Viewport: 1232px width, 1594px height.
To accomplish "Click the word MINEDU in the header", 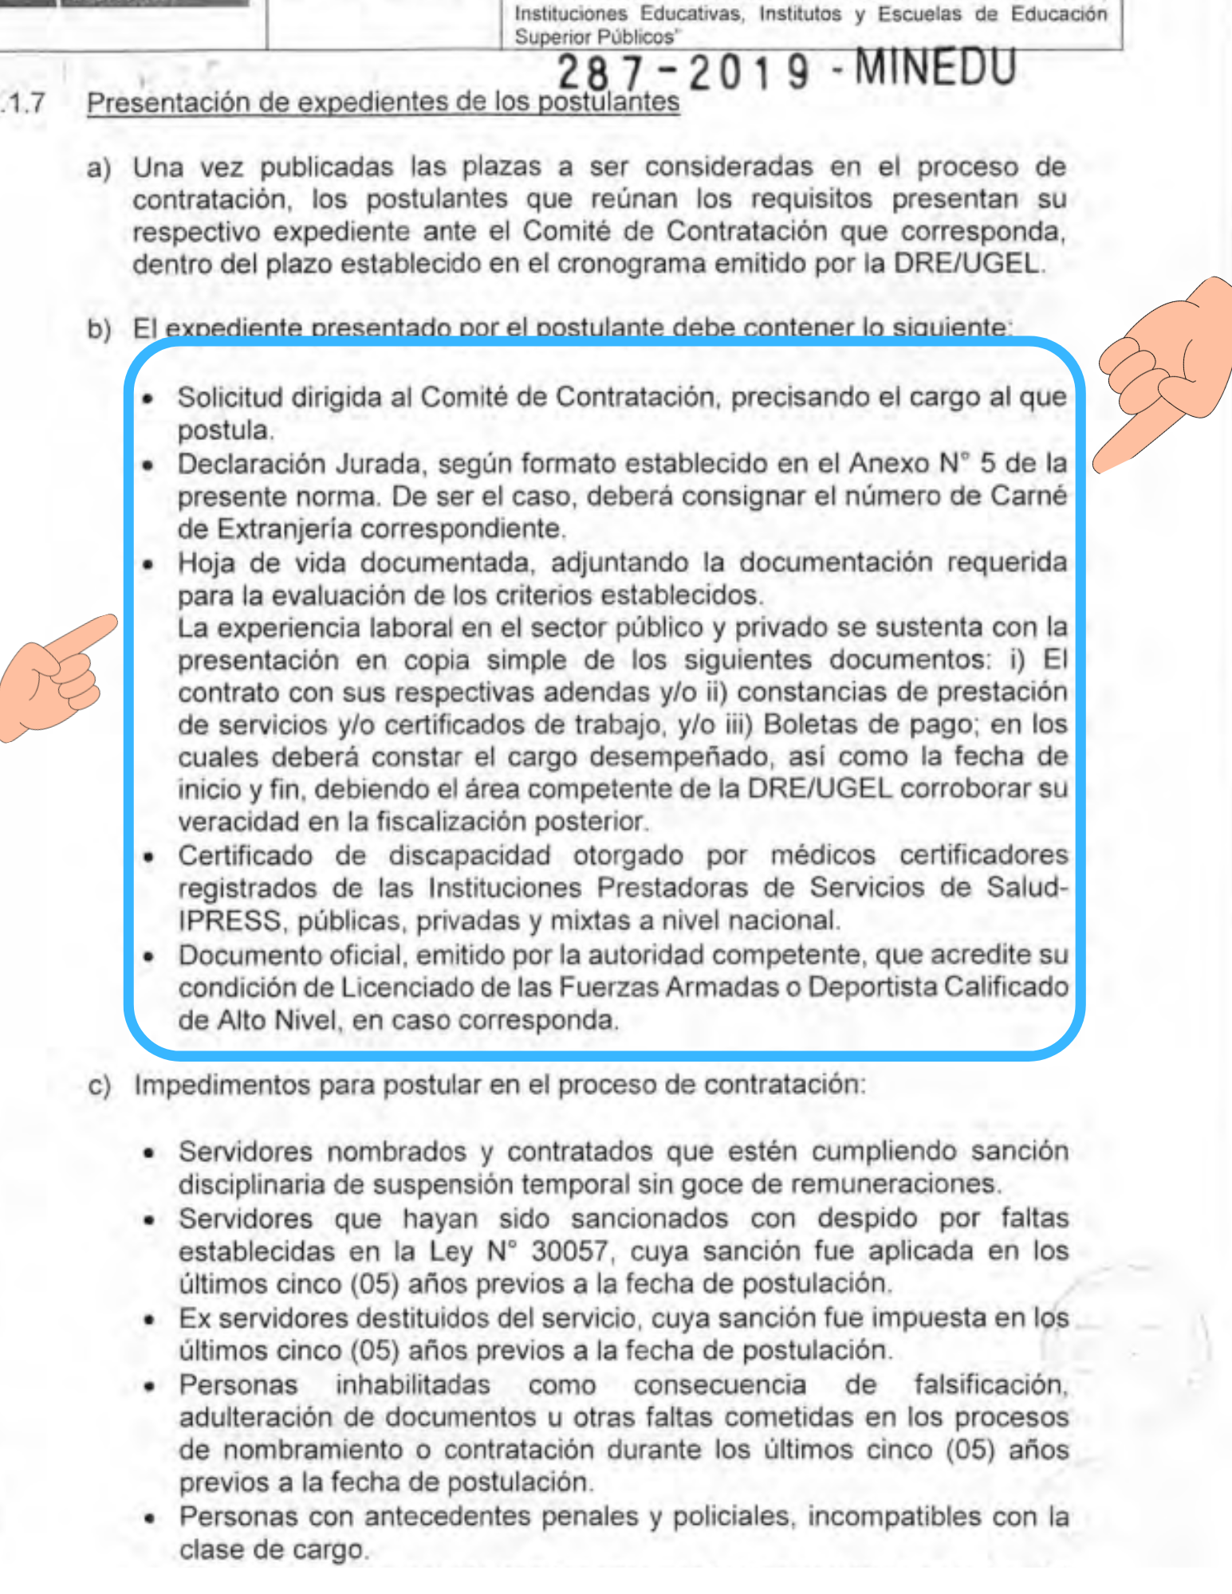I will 935,68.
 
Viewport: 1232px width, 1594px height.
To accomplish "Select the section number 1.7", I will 24,103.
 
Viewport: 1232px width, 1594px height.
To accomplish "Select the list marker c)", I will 99,1086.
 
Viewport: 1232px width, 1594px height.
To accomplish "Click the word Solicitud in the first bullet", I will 230,397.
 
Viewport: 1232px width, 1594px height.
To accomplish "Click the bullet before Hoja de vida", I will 148,564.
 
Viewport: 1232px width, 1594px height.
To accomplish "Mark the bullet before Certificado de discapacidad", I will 148,858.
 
